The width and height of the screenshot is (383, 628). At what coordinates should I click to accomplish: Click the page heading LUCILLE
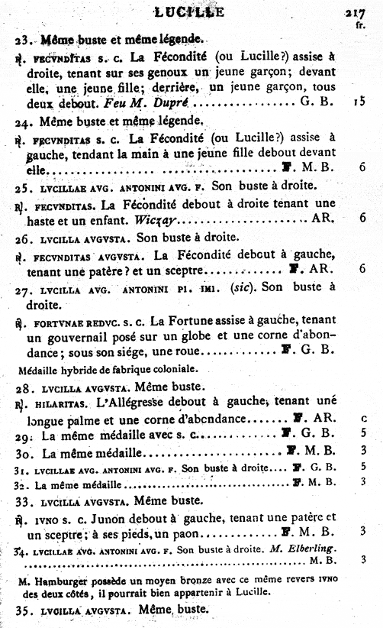[x=188, y=11]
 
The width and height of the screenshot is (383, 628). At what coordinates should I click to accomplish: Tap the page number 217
[x=356, y=11]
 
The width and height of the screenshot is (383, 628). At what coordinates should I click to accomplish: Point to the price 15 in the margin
[x=359, y=102]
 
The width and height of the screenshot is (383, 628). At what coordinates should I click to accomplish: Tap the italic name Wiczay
[x=156, y=219]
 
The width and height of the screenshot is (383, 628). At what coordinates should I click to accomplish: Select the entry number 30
[x=24, y=452]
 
